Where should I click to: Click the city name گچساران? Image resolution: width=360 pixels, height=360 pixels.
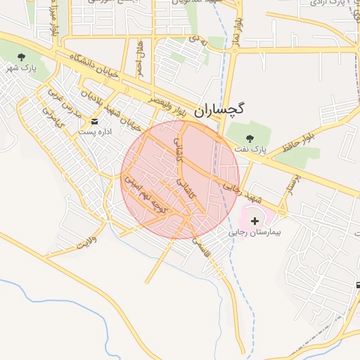[219, 110]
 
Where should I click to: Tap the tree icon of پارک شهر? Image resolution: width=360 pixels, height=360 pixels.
[21, 56]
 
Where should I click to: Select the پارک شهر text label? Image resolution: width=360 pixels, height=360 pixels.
[21, 68]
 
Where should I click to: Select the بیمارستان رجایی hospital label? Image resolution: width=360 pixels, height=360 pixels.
[255, 231]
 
